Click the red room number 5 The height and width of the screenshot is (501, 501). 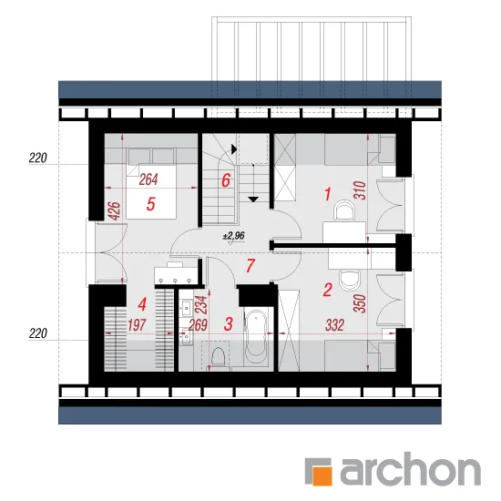tap(151, 204)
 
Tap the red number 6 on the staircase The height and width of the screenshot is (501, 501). tap(226, 180)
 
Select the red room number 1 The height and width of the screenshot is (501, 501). tap(328, 194)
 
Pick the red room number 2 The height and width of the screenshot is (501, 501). tap(328, 290)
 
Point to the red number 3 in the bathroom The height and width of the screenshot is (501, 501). tap(228, 323)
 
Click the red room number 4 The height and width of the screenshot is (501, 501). tap(142, 304)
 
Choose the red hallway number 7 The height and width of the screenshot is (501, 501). tap(250, 266)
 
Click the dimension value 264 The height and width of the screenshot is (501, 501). tap(148, 179)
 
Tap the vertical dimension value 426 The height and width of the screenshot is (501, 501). tap(115, 210)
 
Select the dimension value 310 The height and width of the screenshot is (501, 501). tap(361, 190)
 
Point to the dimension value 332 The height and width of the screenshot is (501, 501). tap(335, 325)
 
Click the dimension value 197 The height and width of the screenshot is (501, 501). tap(137, 325)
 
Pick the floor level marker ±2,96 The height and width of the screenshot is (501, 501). tap(234, 236)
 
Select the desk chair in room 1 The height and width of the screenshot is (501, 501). tap(343, 210)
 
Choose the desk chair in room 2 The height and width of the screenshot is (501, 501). tap(350, 280)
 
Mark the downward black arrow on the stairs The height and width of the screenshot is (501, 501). tap(254, 199)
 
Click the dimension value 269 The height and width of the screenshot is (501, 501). tap(198, 325)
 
